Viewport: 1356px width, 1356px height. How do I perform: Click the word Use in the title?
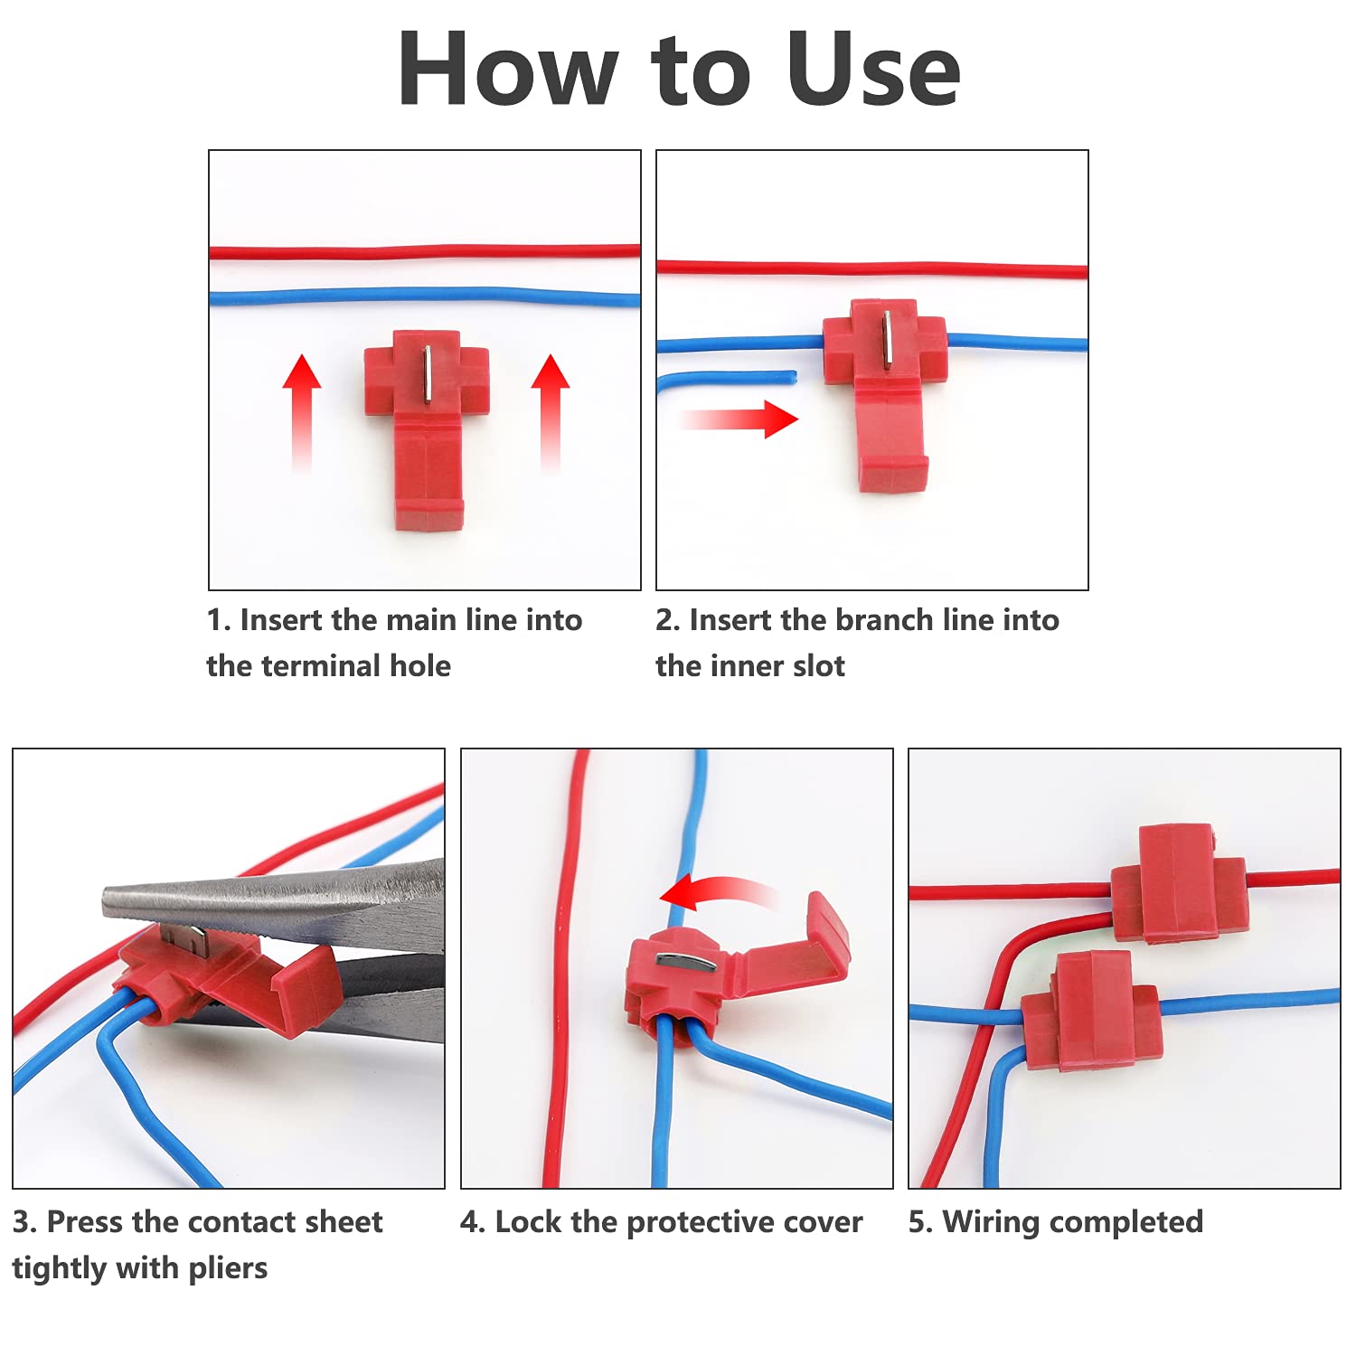[x=872, y=70]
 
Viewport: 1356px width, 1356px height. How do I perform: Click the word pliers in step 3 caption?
[x=228, y=1268]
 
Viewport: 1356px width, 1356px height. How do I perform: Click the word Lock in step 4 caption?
[x=529, y=1222]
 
